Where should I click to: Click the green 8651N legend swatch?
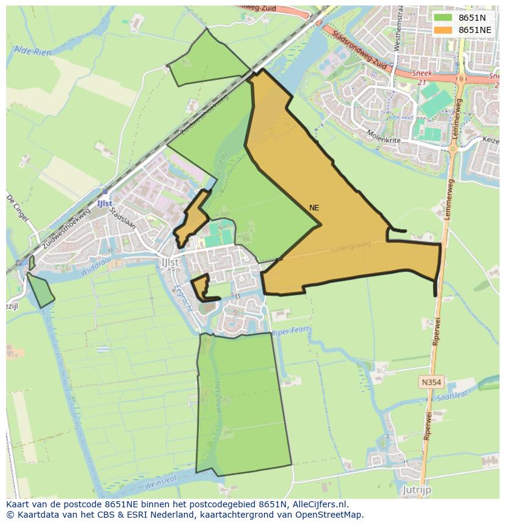point(443,18)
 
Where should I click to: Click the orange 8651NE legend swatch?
point(443,30)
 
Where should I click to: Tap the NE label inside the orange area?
point(314,208)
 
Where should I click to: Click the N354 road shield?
point(431,382)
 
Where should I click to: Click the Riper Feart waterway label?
point(291,330)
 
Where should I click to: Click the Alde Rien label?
point(33,52)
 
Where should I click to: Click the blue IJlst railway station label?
point(104,203)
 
